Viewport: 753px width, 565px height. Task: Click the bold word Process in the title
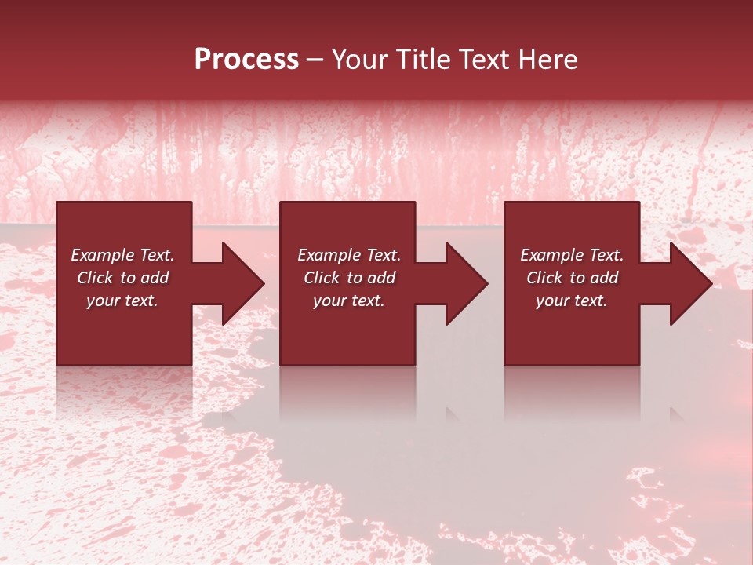(x=246, y=59)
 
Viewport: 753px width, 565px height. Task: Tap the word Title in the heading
(x=424, y=59)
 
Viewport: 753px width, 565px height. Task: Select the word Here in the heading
(x=547, y=59)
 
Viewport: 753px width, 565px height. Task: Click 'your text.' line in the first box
(x=122, y=301)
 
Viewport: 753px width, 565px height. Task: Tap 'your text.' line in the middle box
(x=349, y=301)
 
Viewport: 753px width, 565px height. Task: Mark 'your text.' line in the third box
(x=572, y=301)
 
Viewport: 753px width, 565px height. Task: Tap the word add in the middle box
(x=381, y=278)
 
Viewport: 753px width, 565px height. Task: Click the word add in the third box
(x=604, y=278)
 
